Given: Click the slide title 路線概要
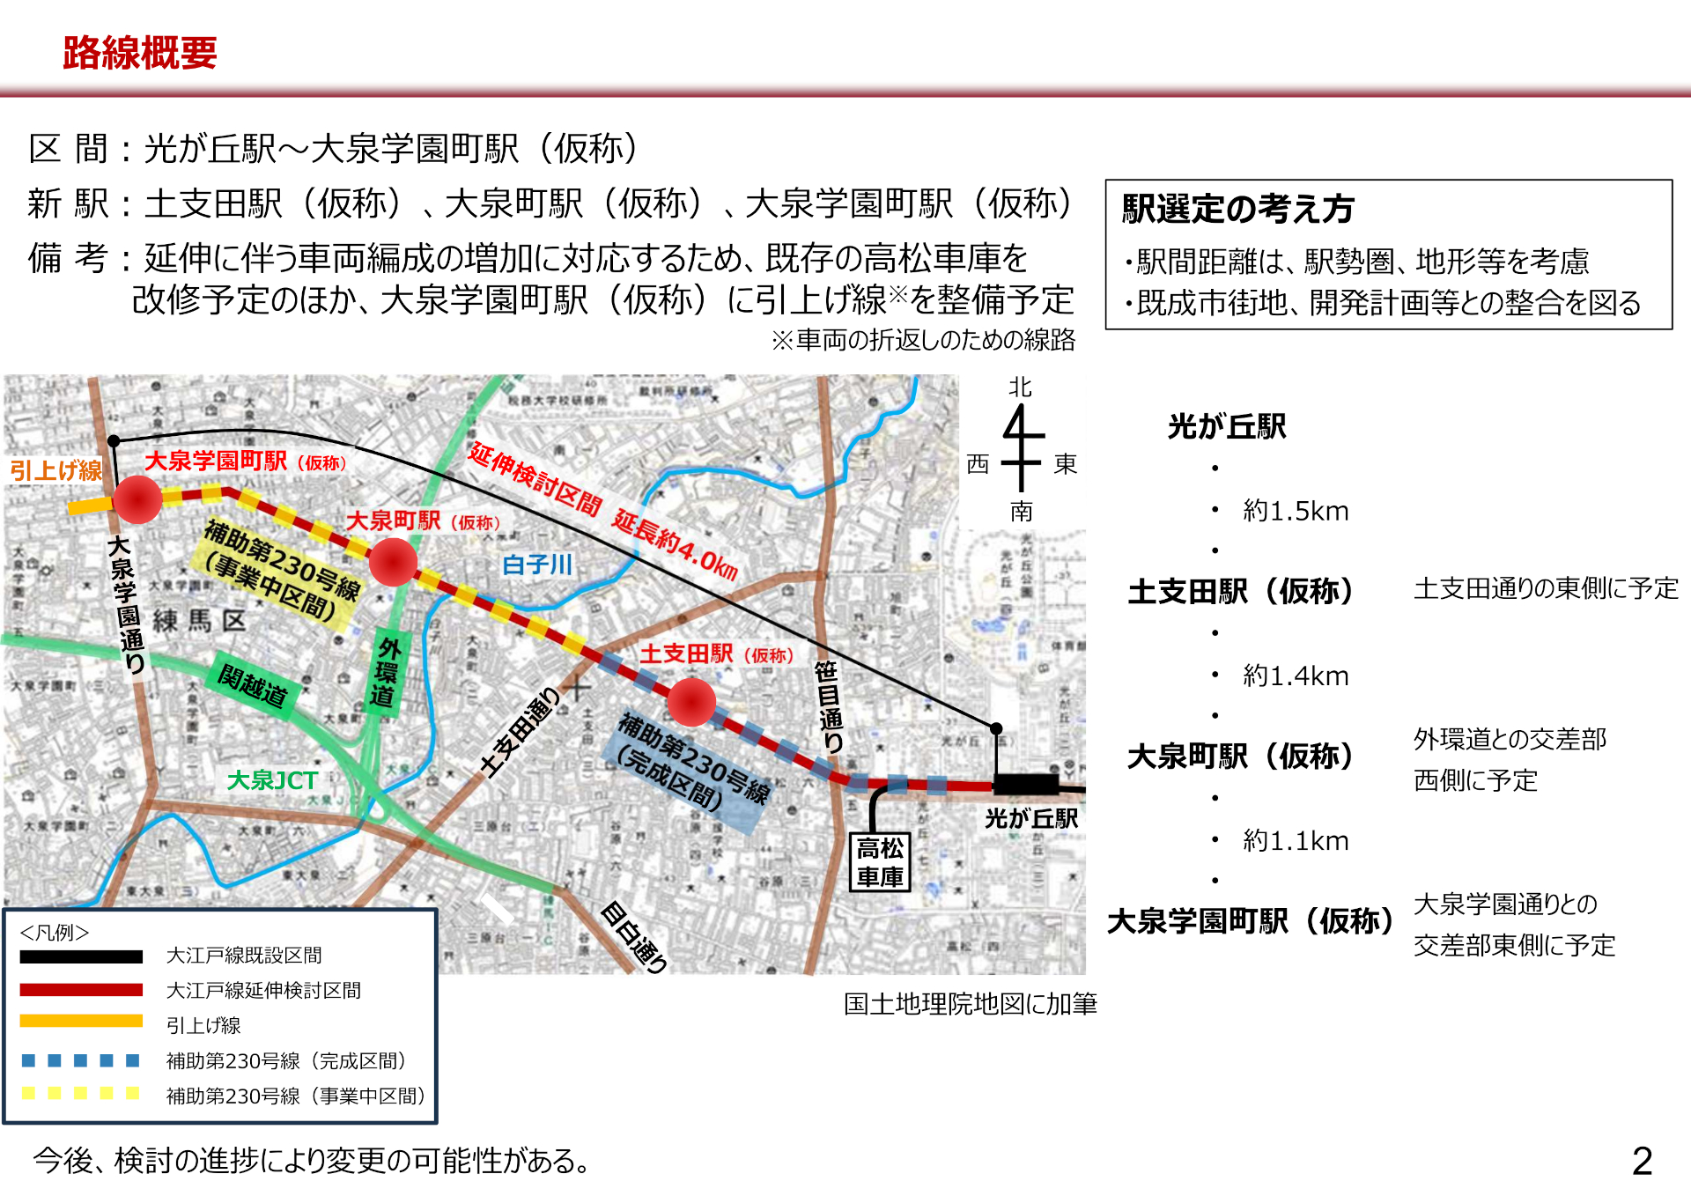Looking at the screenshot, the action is [140, 53].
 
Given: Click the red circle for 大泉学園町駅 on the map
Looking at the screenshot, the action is [137, 499].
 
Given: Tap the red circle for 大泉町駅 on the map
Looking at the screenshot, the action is [393, 562].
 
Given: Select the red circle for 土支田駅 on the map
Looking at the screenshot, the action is [691, 702].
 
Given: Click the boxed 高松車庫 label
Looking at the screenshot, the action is [880, 862].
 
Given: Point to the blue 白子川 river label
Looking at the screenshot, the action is [536, 565].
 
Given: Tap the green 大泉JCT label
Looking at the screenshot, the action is [271, 780].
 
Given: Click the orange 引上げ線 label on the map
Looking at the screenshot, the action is [55, 469].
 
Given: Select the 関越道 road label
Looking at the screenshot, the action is [253, 684].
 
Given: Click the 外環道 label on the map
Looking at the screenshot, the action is [386, 672].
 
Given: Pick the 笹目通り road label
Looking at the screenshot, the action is [828, 705].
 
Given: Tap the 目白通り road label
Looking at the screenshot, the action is [633, 937].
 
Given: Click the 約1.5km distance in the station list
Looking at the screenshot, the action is [1296, 511].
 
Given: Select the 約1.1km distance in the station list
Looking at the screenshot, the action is [1296, 841].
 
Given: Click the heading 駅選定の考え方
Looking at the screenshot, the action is [1237, 210].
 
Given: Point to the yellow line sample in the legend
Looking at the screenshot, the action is [81, 1022].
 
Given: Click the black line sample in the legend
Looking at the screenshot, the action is [81, 956].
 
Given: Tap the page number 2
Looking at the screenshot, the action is [1642, 1161].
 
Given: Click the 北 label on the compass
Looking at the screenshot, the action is [1020, 388].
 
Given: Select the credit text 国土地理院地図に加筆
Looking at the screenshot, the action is [970, 1004].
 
